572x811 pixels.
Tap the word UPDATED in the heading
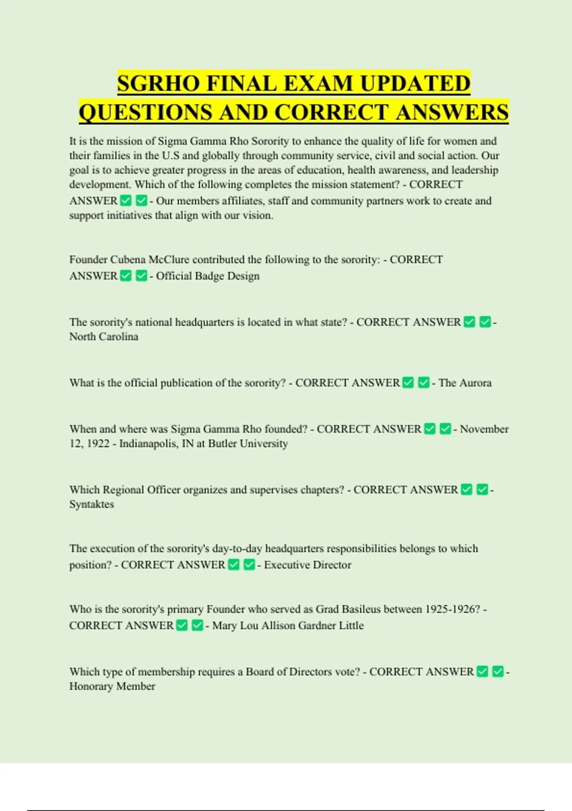[x=415, y=83]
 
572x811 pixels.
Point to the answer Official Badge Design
[x=208, y=276]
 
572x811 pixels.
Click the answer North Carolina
[x=104, y=336]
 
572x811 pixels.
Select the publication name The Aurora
[x=465, y=383]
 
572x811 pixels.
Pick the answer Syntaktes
[x=92, y=504]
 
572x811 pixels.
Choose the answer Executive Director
[x=307, y=565]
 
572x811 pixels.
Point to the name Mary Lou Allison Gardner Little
[x=288, y=625]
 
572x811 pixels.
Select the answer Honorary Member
[x=112, y=686]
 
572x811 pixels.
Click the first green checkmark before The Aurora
[x=408, y=383]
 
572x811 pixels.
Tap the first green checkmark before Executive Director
[x=234, y=565]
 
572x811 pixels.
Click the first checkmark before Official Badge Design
[x=126, y=276]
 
